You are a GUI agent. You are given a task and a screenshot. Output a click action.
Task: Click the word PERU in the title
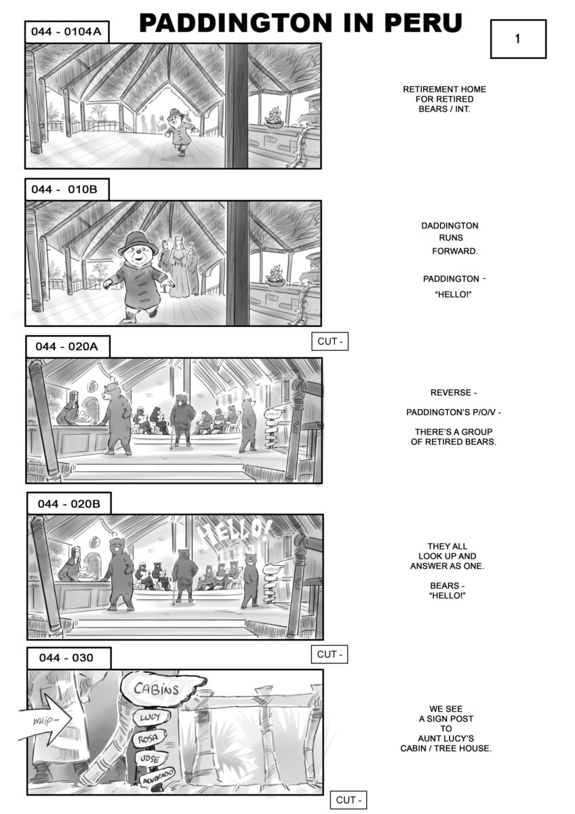tap(423, 23)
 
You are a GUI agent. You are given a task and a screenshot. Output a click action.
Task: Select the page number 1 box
tap(518, 39)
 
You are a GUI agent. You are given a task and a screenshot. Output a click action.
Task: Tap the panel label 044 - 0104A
tap(66, 32)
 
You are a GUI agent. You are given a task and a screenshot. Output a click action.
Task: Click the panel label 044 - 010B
tap(67, 189)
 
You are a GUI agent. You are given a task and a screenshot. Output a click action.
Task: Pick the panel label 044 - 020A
tap(68, 347)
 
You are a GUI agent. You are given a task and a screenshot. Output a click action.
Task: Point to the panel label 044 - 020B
tap(68, 503)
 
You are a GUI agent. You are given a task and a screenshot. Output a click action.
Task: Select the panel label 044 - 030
tap(68, 658)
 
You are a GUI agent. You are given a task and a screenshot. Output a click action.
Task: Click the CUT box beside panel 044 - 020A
tap(330, 341)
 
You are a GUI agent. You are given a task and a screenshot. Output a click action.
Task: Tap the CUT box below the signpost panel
tap(349, 800)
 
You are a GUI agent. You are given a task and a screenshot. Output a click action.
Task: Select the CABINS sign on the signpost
tap(160, 688)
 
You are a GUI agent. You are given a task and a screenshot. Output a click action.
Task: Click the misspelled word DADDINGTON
tap(450, 226)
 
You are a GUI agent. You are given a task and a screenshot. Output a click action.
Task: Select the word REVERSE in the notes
tap(450, 393)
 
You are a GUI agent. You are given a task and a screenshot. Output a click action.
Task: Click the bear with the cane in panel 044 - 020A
tap(182, 421)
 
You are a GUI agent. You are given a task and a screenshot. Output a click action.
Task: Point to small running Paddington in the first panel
tap(180, 132)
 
